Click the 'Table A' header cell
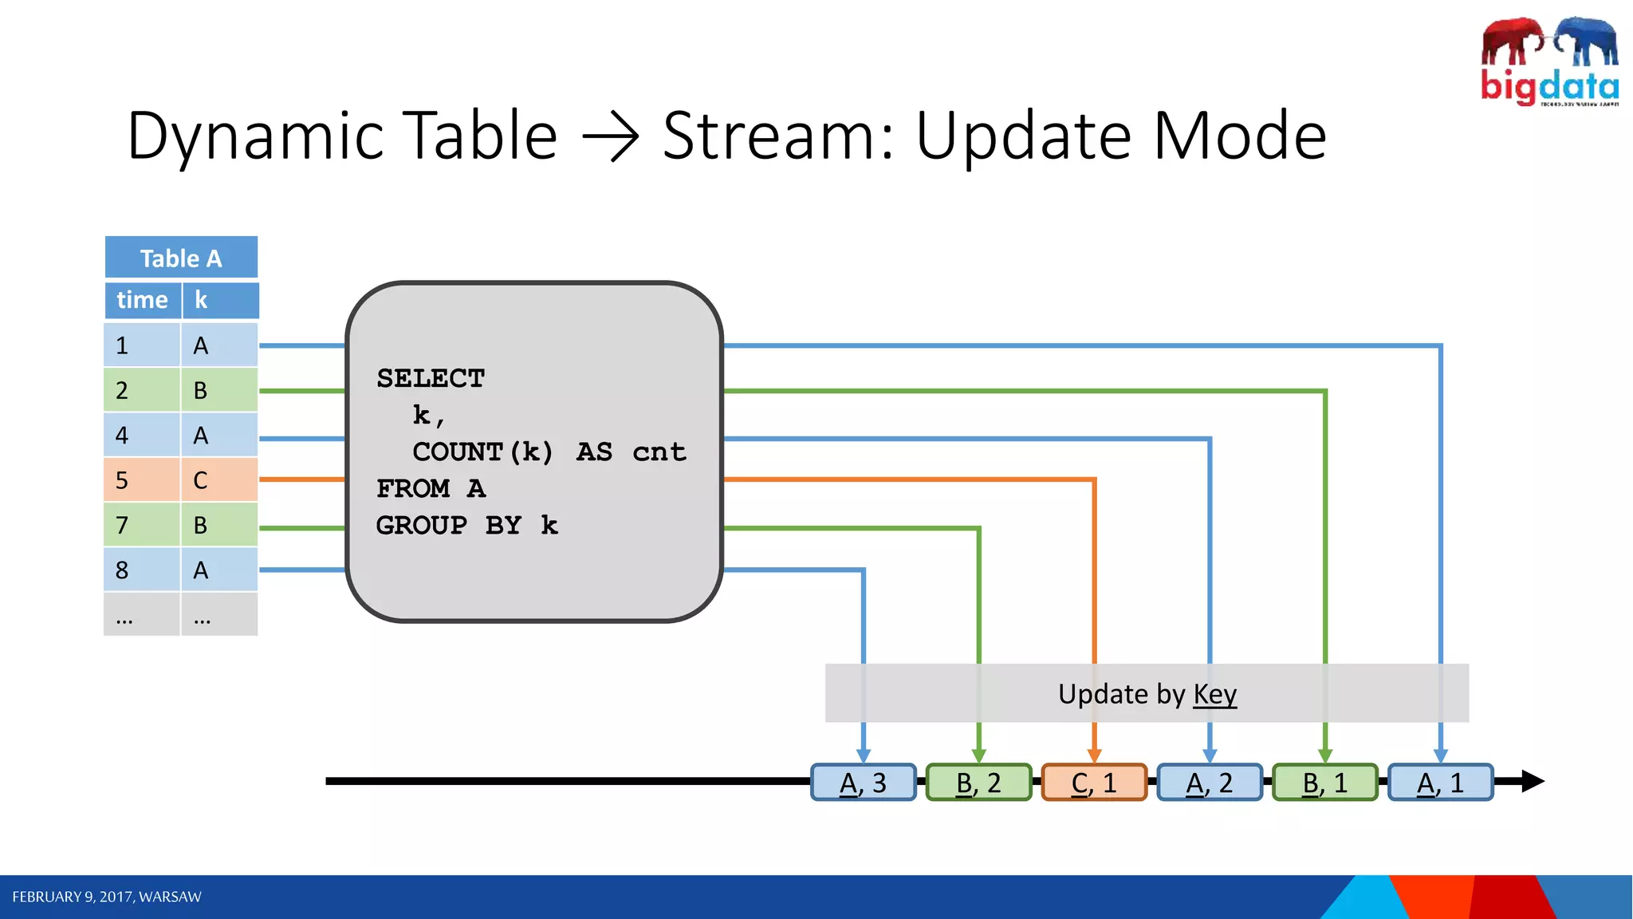pyautogui.click(x=181, y=258)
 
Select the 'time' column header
pyautogui.click(x=142, y=300)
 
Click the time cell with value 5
pyautogui.click(x=141, y=480)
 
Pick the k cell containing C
pyautogui.click(x=218, y=480)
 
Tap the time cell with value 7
pyautogui.click(x=141, y=525)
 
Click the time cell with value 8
pyautogui.click(x=141, y=570)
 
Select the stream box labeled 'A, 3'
pyautogui.click(x=863, y=783)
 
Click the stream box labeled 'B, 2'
pyautogui.click(x=978, y=783)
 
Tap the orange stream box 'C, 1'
pyautogui.click(x=1094, y=783)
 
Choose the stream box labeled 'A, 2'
pyautogui.click(x=1210, y=783)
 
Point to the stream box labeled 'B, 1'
pyautogui.click(x=1325, y=783)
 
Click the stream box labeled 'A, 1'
pyautogui.click(x=1440, y=783)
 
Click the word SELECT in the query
pyautogui.click(x=431, y=378)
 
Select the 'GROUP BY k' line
pyautogui.click(x=466, y=525)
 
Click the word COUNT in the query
pyautogui.click(x=458, y=452)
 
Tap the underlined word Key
pyautogui.click(x=1214, y=694)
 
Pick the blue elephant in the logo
pyautogui.click(x=1586, y=41)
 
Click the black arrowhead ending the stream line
pyautogui.click(x=1532, y=781)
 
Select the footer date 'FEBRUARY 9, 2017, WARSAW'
pyautogui.click(x=107, y=897)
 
